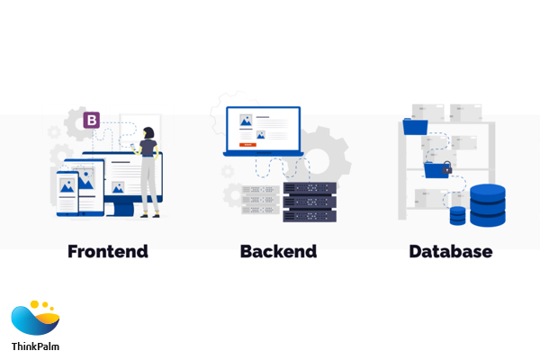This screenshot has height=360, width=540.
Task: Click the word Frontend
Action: [x=108, y=251]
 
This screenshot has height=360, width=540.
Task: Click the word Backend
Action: [x=278, y=251]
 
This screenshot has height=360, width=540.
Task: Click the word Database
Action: [x=451, y=251]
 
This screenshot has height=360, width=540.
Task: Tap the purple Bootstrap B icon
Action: [x=91, y=120]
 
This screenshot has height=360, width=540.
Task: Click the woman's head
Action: [x=149, y=133]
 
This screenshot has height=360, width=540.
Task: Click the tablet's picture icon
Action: [x=86, y=180]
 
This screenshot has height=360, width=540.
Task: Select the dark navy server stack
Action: [x=309, y=202]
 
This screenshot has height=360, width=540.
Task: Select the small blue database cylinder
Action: [x=458, y=216]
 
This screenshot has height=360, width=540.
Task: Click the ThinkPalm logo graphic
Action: [x=35, y=319]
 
